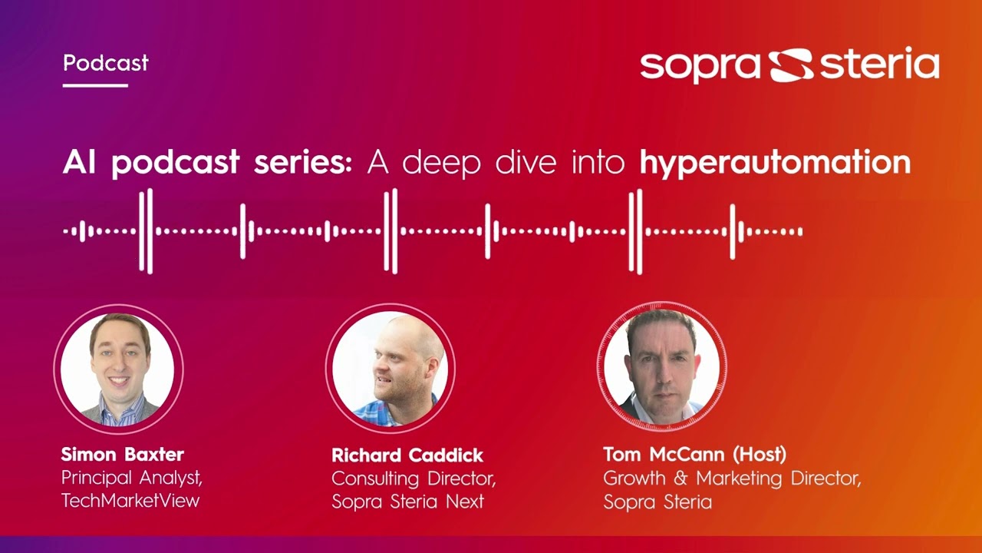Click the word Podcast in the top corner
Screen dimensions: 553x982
106,63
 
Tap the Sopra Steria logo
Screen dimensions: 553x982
789,65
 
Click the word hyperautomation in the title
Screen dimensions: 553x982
775,163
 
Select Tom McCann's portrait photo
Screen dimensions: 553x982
661,367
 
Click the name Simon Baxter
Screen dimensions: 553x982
122,454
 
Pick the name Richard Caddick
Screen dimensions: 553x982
407,455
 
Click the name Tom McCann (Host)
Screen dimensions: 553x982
694,454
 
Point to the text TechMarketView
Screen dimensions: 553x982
130,501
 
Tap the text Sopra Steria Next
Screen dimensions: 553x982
407,502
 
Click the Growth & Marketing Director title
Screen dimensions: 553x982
732,478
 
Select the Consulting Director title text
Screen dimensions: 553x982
414,478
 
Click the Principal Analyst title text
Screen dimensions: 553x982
131,478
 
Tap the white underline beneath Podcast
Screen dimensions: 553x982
95,85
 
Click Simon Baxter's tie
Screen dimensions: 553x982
120,410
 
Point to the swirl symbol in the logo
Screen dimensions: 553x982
790,65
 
